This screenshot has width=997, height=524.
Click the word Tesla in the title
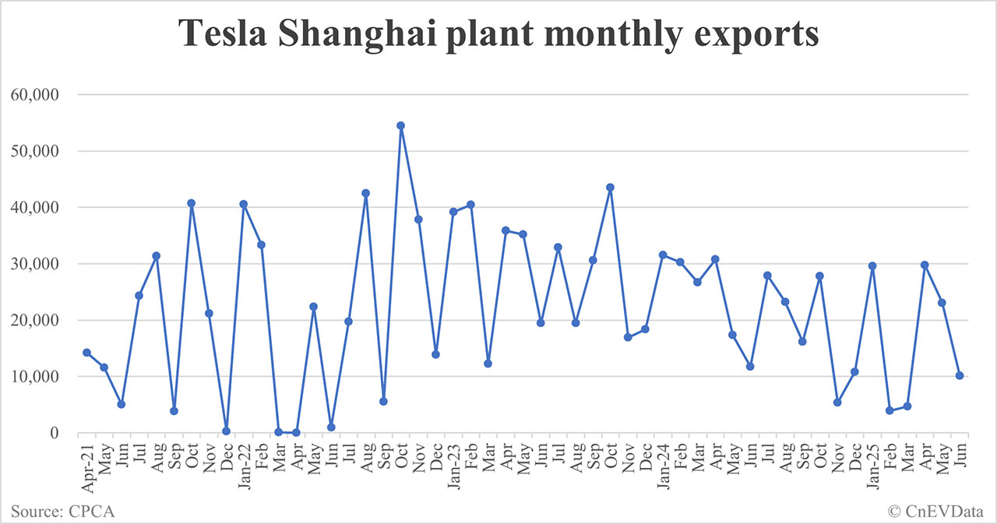pyautogui.click(x=221, y=35)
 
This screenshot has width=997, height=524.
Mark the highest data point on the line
pyautogui.click(x=401, y=125)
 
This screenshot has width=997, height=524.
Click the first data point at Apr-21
pyautogui.click(x=86, y=353)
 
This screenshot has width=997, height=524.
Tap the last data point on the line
pyautogui.click(x=960, y=375)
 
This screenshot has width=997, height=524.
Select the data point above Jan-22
pyautogui.click(x=244, y=204)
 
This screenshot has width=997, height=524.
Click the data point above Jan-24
pyautogui.click(x=663, y=255)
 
